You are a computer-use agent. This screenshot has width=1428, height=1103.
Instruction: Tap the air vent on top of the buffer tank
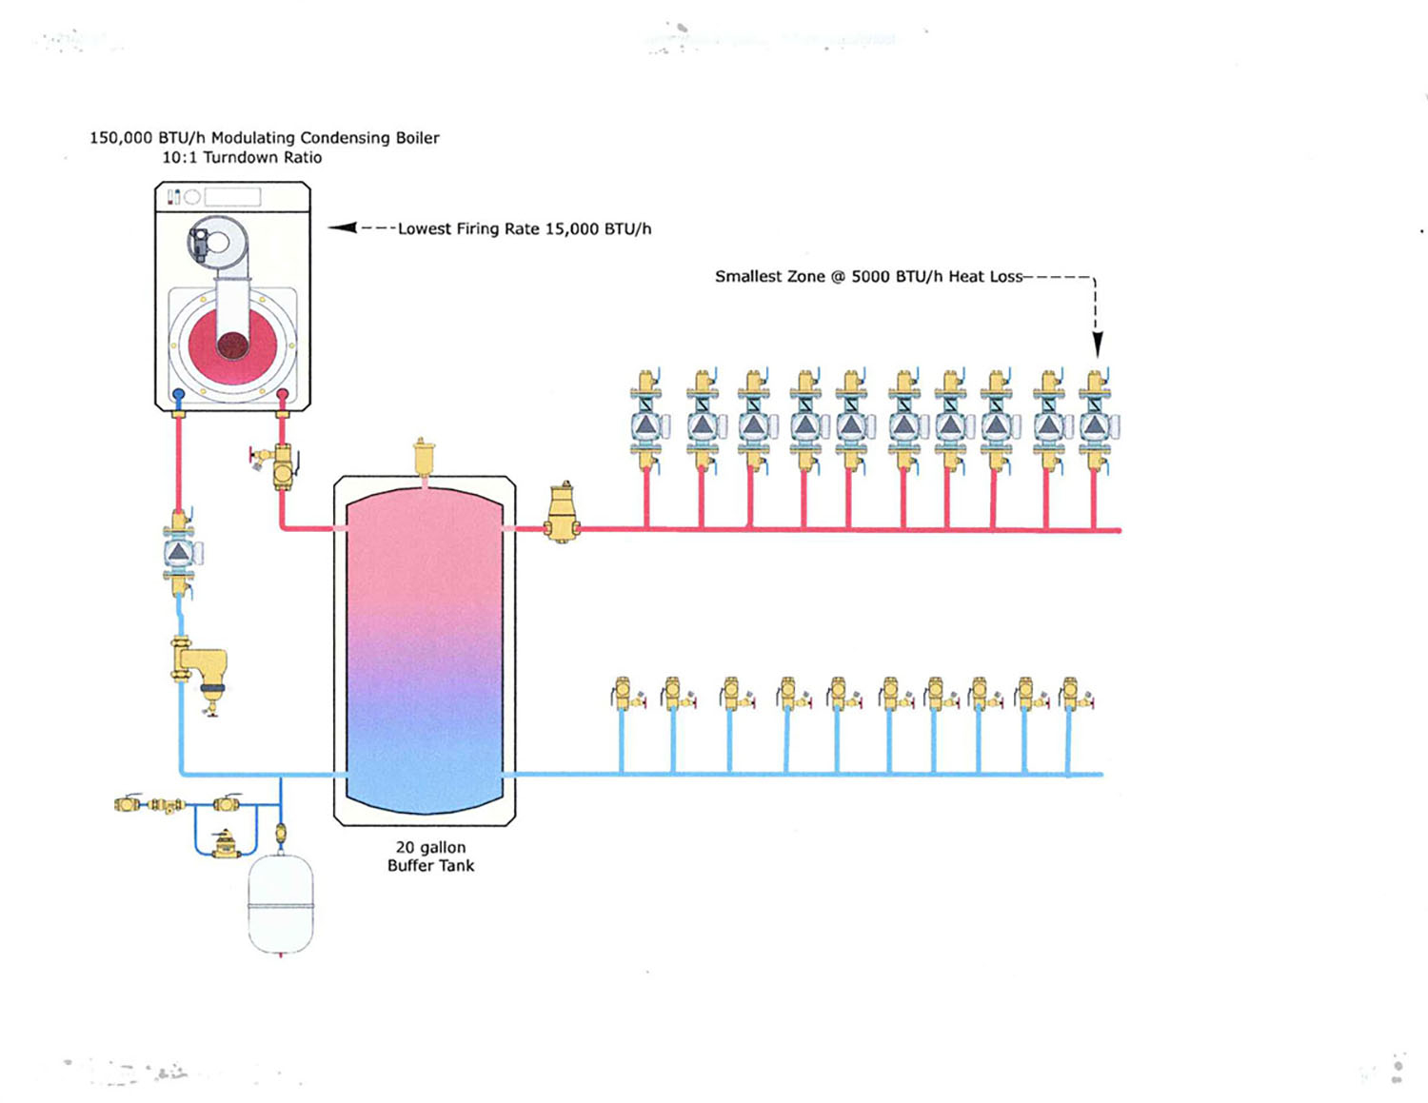point(424,456)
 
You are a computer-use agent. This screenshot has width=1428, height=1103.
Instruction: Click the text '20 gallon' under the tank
point(430,847)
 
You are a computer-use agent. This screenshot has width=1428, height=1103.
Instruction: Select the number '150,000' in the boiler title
point(121,138)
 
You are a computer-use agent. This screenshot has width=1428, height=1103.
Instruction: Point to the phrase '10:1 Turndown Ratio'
point(242,158)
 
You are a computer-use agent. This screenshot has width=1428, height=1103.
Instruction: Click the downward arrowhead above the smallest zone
point(1097,345)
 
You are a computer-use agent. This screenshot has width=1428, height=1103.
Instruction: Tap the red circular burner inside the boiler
point(232,343)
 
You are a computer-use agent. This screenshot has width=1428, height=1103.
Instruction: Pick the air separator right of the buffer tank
point(562,513)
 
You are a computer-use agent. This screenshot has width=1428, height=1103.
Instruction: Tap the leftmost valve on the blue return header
point(624,695)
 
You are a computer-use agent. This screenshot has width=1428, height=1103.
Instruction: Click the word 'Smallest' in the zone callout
point(749,277)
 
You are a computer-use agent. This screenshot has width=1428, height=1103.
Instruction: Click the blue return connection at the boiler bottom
point(178,395)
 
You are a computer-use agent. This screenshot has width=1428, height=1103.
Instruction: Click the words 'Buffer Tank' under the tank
point(430,866)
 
